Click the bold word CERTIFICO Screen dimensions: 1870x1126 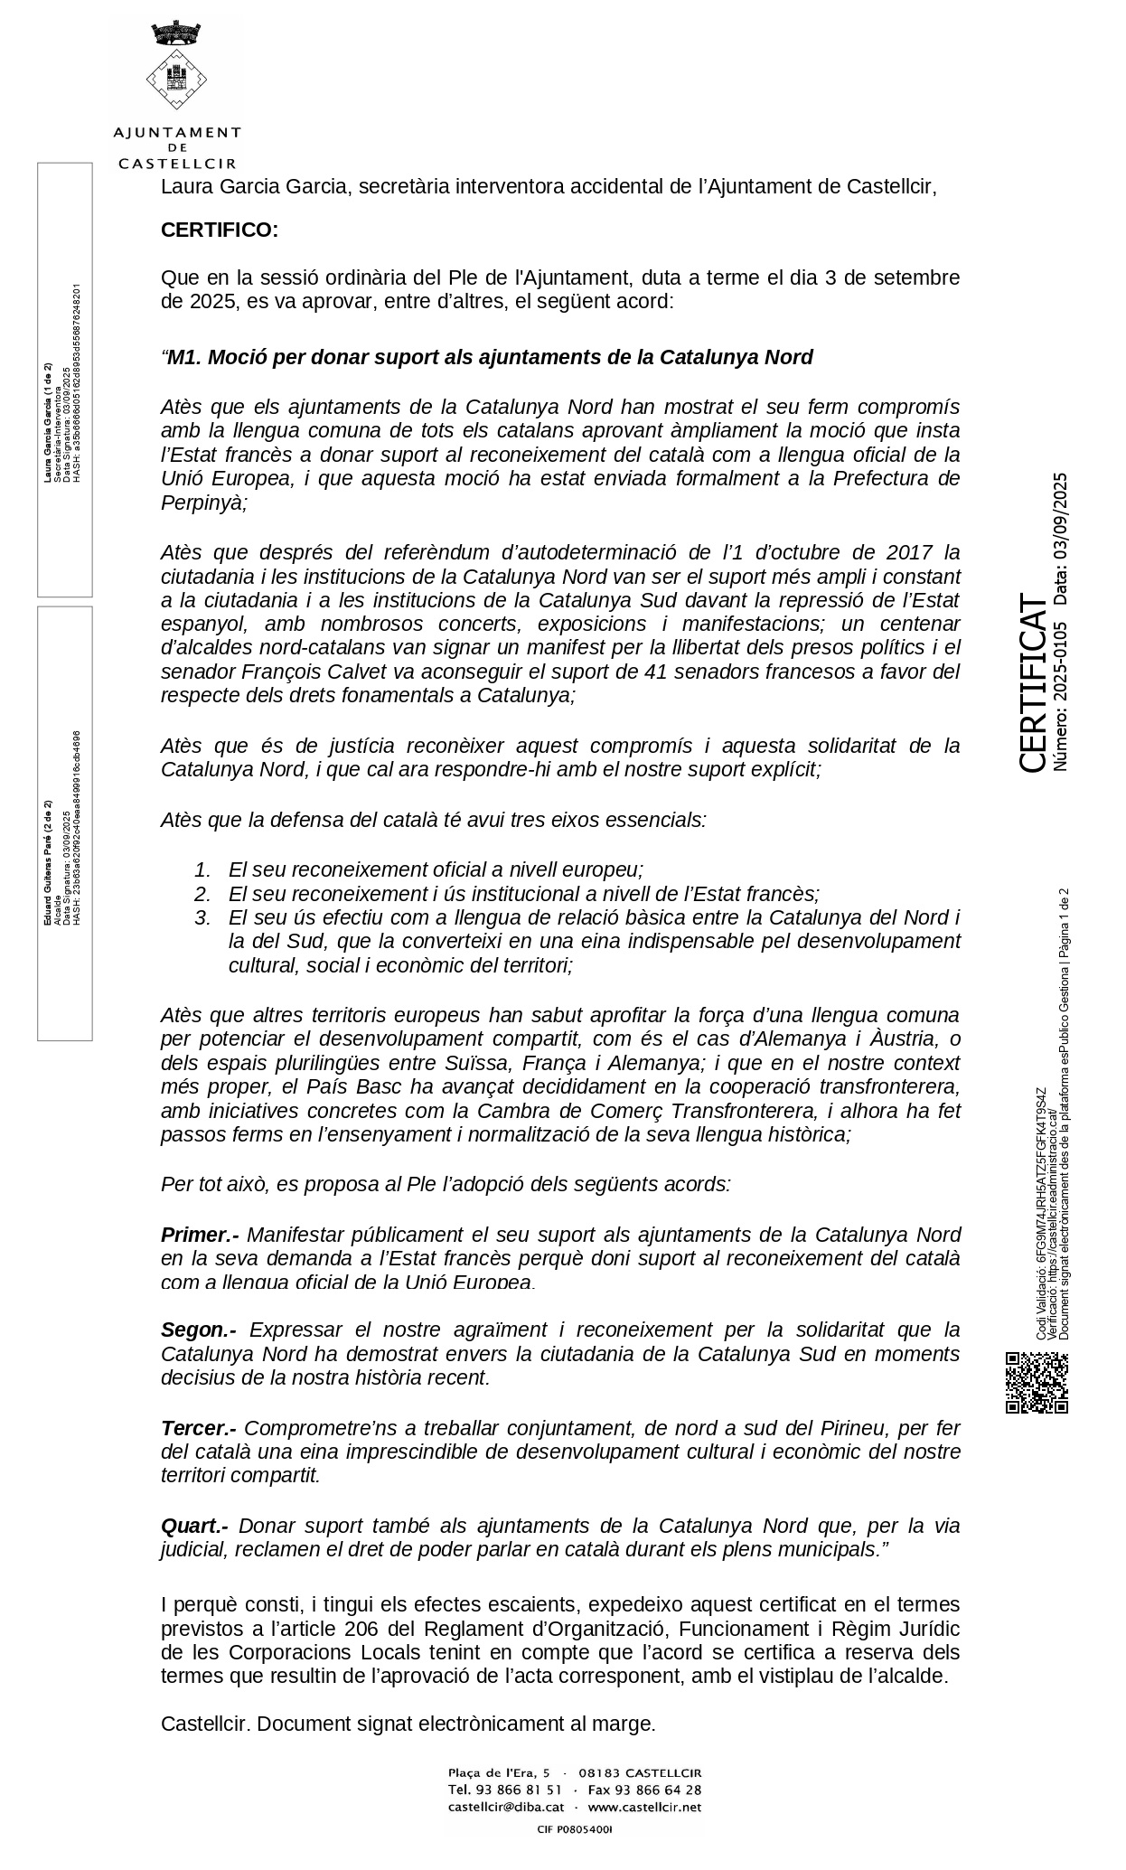[x=220, y=230]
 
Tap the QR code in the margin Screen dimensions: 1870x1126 [x=1037, y=1382]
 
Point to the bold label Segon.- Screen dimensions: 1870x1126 [x=199, y=1330]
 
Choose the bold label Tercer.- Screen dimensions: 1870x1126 [x=199, y=1428]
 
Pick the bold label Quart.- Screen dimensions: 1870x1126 [x=194, y=1526]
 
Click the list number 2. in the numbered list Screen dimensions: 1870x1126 [x=203, y=894]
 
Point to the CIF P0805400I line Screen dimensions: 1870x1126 [x=575, y=1829]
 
